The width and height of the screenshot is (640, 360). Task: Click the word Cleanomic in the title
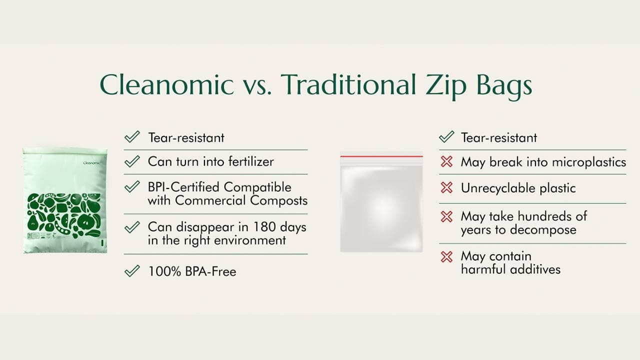(166, 84)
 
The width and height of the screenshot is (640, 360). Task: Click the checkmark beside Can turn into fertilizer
(132, 161)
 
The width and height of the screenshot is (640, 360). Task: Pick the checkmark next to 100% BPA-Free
(132, 271)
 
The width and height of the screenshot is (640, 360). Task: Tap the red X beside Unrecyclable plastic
(446, 187)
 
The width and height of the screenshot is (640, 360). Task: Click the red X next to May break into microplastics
(446, 161)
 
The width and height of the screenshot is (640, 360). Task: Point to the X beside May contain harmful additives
(446, 256)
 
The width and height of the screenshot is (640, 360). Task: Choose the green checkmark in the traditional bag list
(446, 137)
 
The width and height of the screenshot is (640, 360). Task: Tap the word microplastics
(589, 162)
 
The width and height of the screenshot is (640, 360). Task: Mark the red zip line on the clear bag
(381, 156)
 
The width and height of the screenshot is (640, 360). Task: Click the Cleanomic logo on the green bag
(91, 163)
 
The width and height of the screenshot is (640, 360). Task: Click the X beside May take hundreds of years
(446, 216)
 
